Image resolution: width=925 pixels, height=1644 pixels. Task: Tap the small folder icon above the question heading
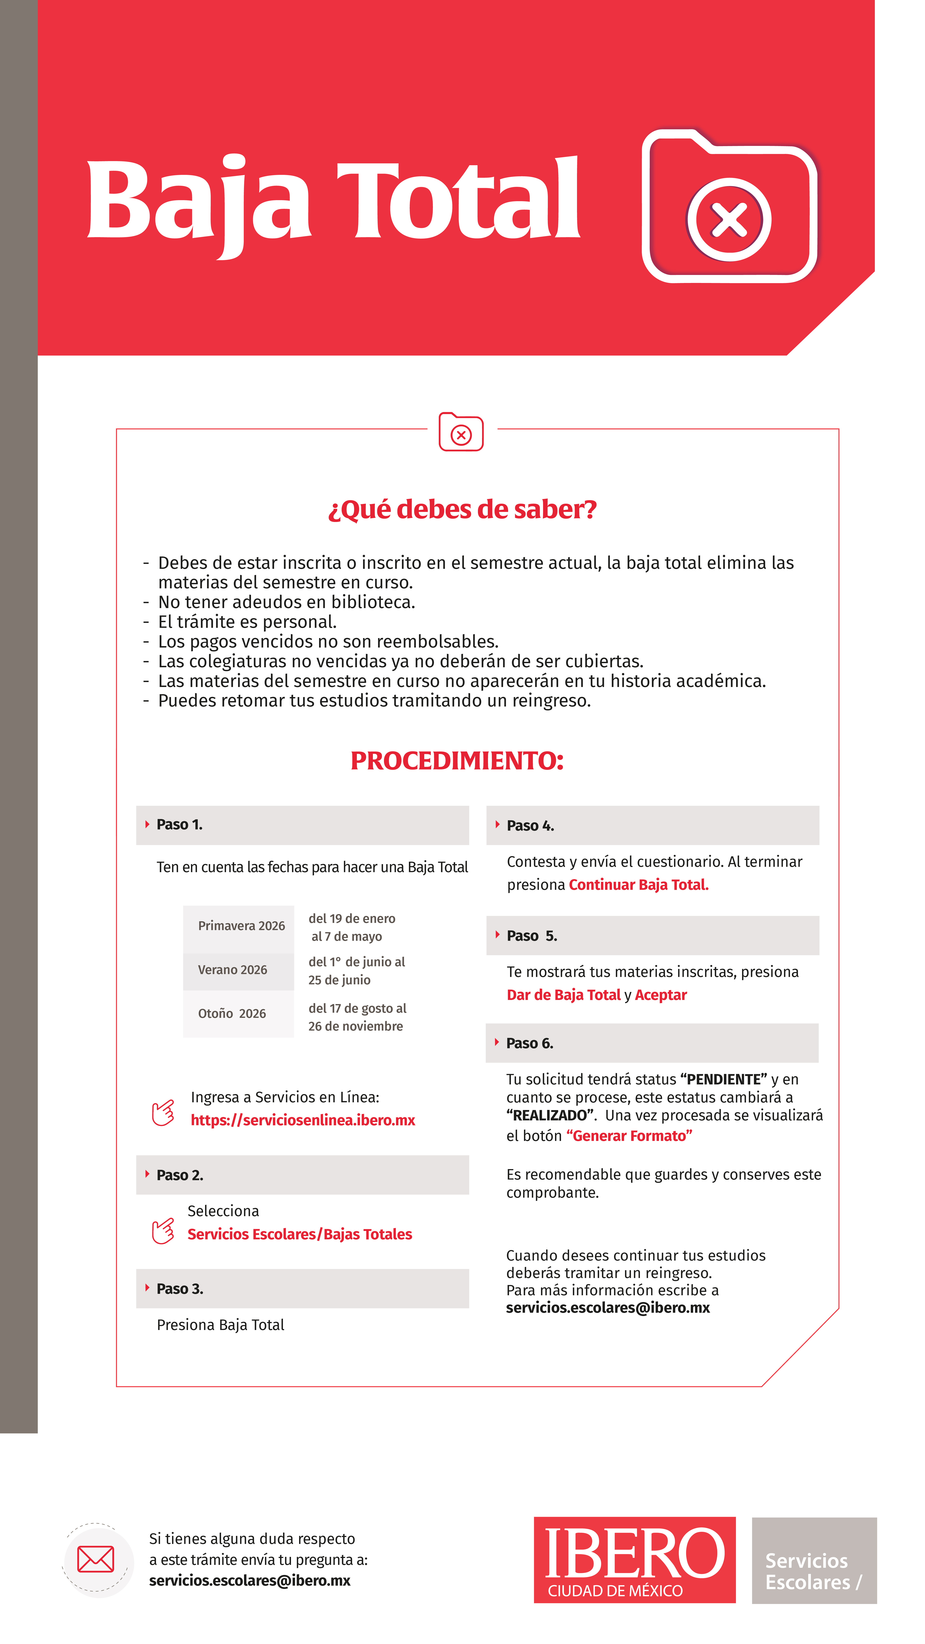461,432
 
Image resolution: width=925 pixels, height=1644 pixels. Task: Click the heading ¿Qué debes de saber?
462,509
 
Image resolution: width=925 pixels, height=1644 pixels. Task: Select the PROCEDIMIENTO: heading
457,761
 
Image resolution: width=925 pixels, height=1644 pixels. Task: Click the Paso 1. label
179,824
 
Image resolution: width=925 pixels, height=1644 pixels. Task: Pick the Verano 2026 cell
232,970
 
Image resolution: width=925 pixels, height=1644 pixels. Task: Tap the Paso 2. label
180,1175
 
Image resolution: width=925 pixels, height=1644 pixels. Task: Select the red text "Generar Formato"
629,1136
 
